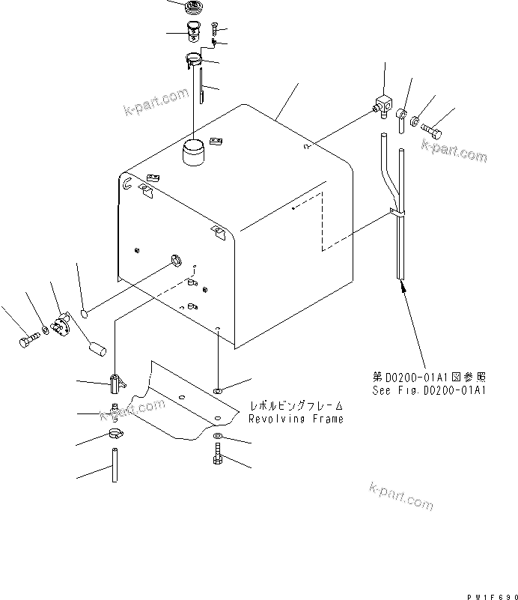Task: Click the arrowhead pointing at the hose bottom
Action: pyautogui.click(x=403, y=286)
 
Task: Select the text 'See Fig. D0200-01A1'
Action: pyautogui.click(x=430, y=390)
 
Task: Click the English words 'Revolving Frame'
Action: pyautogui.click(x=296, y=419)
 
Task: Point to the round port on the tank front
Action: pyautogui.click(x=177, y=260)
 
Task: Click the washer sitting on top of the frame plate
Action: pyautogui.click(x=217, y=391)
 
